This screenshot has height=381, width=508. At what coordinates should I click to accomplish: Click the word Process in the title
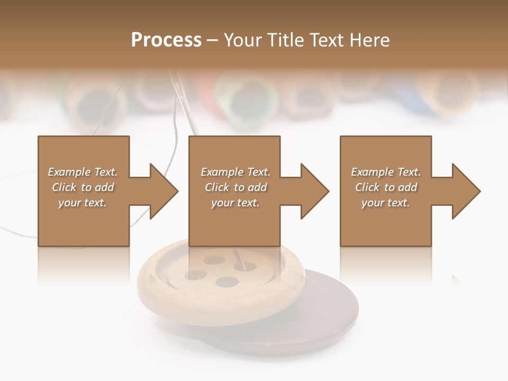[x=166, y=40]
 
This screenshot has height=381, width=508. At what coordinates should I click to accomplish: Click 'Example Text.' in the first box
[x=83, y=172]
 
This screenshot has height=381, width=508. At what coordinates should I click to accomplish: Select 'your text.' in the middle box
[x=235, y=203]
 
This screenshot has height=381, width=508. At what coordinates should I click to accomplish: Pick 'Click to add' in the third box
[x=386, y=187]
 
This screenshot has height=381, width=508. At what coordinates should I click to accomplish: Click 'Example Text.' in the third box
[x=386, y=172]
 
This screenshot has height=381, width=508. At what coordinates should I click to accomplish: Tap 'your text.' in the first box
[x=83, y=203]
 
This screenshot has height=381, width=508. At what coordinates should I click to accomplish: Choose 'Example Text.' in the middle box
[x=235, y=172]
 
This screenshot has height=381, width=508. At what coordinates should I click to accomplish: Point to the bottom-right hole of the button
[x=227, y=282]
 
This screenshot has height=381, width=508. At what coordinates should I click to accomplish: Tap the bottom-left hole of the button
[x=195, y=275]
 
